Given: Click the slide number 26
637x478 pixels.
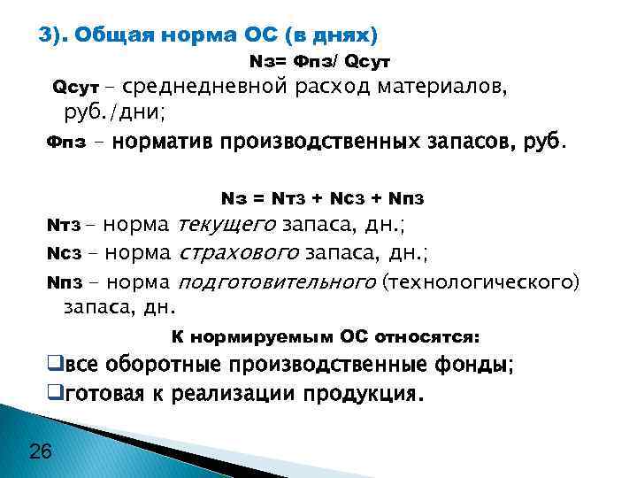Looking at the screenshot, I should (x=41, y=452).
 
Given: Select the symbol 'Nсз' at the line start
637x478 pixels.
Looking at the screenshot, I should (x=64, y=256).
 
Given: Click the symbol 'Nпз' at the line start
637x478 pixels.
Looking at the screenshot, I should (x=64, y=283).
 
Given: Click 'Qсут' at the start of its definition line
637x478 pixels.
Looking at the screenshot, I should (x=72, y=88).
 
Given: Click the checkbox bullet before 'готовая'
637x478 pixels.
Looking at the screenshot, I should (x=53, y=393).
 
